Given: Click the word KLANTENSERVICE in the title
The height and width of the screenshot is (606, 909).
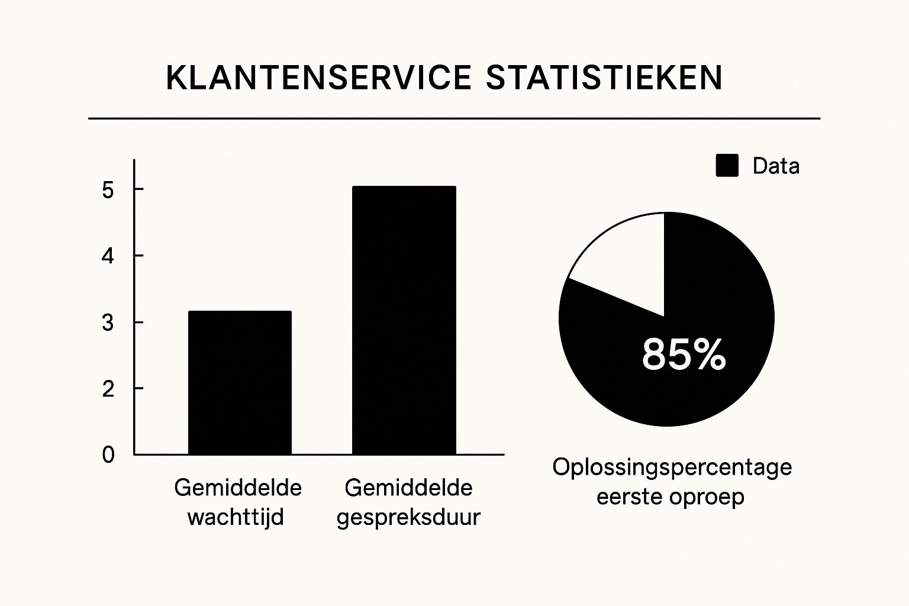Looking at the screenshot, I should click(x=318, y=78).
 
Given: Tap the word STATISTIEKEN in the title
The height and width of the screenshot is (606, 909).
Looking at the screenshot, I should click(x=604, y=78).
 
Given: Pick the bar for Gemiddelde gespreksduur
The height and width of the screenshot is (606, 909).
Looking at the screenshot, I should click(x=404, y=320).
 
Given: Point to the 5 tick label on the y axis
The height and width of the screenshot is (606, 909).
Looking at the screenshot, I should click(x=108, y=190).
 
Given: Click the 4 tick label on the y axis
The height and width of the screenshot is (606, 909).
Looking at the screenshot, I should click(x=108, y=256).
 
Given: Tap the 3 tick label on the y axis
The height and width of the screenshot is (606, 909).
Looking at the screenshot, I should click(x=108, y=323).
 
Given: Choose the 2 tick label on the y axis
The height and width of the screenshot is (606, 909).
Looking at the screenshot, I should click(x=108, y=389).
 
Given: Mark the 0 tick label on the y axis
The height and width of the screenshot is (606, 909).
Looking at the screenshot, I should click(x=108, y=454).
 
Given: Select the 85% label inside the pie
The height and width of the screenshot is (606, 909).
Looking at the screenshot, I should click(x=684, y=354).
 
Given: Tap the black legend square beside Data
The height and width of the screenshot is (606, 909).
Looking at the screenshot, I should click(x=727, y=166).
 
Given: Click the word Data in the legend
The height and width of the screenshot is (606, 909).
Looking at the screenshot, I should click(x=776, y=166).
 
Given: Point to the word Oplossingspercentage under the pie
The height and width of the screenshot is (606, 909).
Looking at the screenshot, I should click(x=672, y=468).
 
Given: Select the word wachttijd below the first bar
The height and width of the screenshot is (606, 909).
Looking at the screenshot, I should click(x=236, y=517).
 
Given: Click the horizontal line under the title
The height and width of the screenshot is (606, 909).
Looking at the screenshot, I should click(x=454, y=118).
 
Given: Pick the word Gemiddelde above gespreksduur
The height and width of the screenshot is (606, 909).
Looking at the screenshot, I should click(x=408, y=488).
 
